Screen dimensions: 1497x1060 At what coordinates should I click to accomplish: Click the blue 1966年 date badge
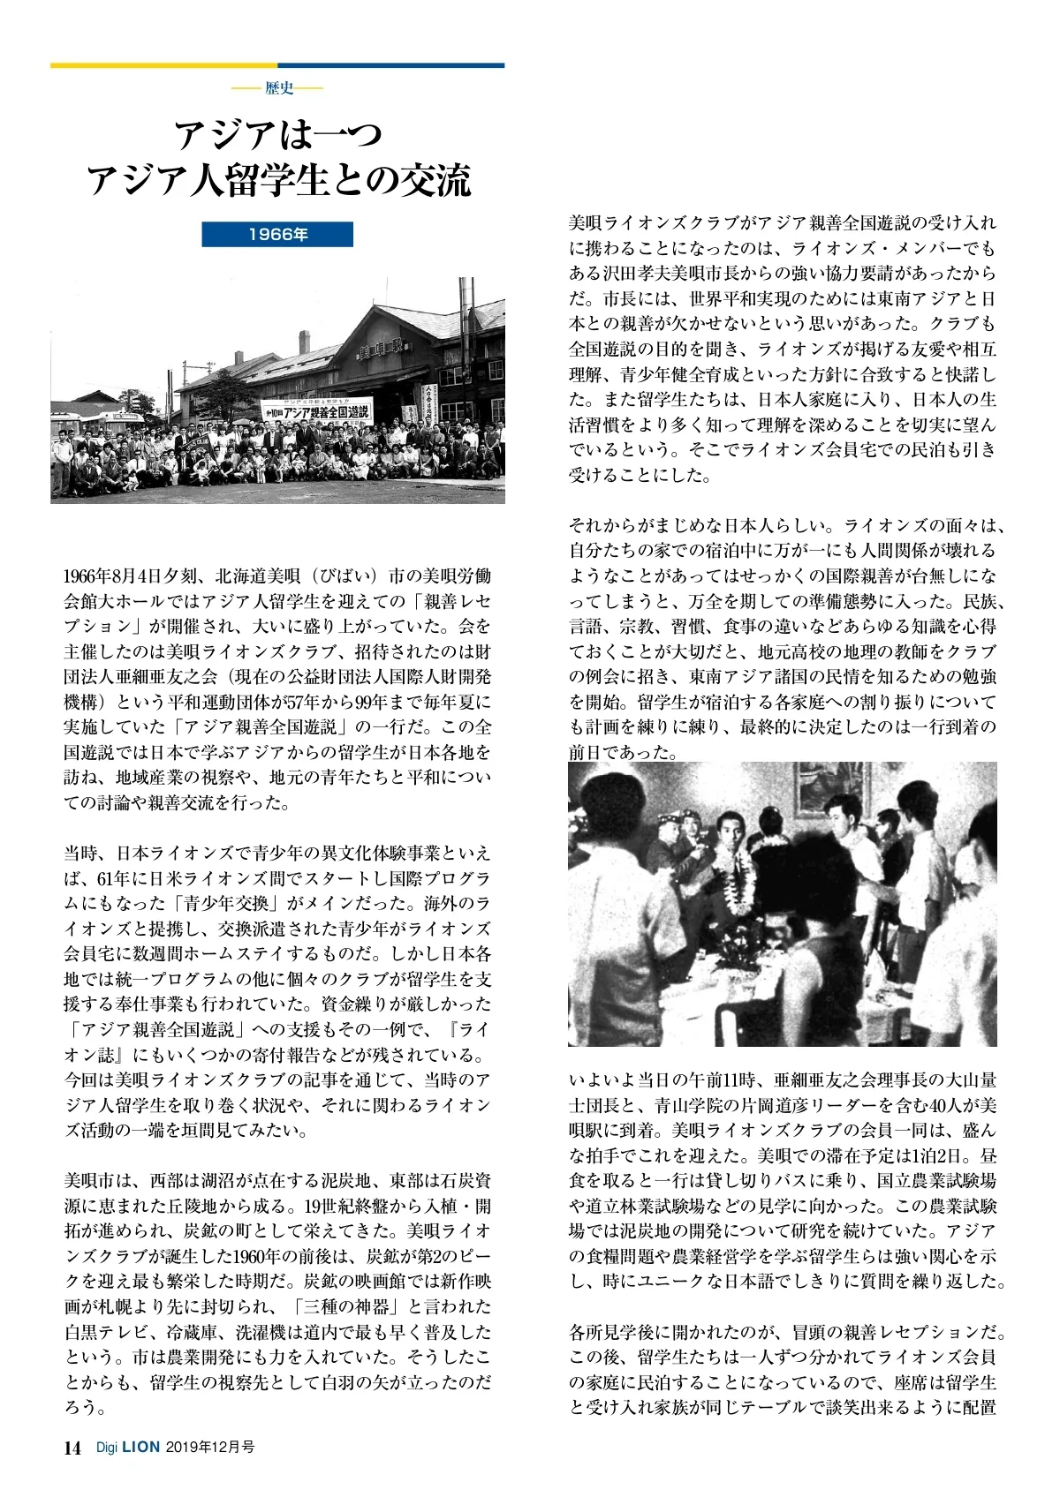[x=277, y=234]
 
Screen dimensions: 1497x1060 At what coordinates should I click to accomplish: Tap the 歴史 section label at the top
[x=278, y=88]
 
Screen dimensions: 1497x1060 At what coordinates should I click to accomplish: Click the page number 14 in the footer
[x=72, y=1448]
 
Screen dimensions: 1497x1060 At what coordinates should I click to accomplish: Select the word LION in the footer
[x=140, y=1448]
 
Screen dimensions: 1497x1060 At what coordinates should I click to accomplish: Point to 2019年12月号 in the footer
[x=209, y=1448]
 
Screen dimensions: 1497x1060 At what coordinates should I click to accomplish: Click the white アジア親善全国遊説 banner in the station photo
[x=316, y=409]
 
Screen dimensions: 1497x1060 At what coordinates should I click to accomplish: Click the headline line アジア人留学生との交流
[x=278, y=180]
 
